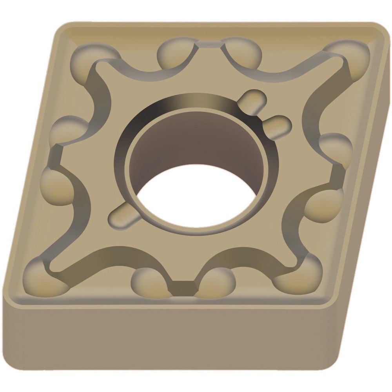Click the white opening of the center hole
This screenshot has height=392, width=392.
pyautogui.click(x=196, y=198)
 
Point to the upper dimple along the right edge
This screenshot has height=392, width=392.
pyautogui.click(x=335, y=147)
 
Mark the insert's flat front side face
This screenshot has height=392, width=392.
pyautogui.click(x=176, y=337)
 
